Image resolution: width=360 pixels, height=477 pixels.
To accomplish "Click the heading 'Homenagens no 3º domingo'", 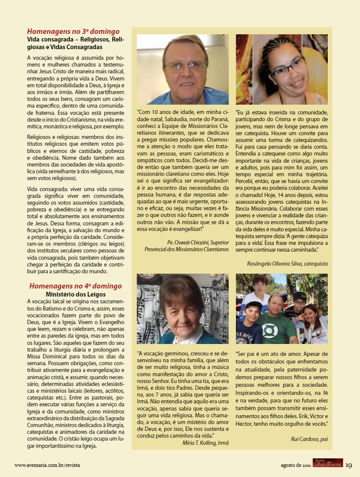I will [x=73, y=31].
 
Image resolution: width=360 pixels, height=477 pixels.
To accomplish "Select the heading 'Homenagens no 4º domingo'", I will [x=75, y=286].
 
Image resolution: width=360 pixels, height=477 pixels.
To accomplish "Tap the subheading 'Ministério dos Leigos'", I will [x=75, y=294].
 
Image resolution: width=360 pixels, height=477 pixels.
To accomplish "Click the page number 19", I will [x=349, y=465].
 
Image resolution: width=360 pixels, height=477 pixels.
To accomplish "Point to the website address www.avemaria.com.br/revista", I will [x=47, y=465].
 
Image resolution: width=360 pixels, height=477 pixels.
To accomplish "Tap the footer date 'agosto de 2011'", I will [x=296, y=465].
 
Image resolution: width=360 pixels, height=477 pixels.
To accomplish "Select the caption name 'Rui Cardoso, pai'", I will [x=309, y=439].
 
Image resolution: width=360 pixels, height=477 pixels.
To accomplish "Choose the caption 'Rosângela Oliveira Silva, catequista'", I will [x=287, y=263].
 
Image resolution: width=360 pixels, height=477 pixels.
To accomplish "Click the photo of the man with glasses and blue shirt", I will [x=183, y=69].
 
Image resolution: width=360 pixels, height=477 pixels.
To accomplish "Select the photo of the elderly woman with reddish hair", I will [x=183, y=308].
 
